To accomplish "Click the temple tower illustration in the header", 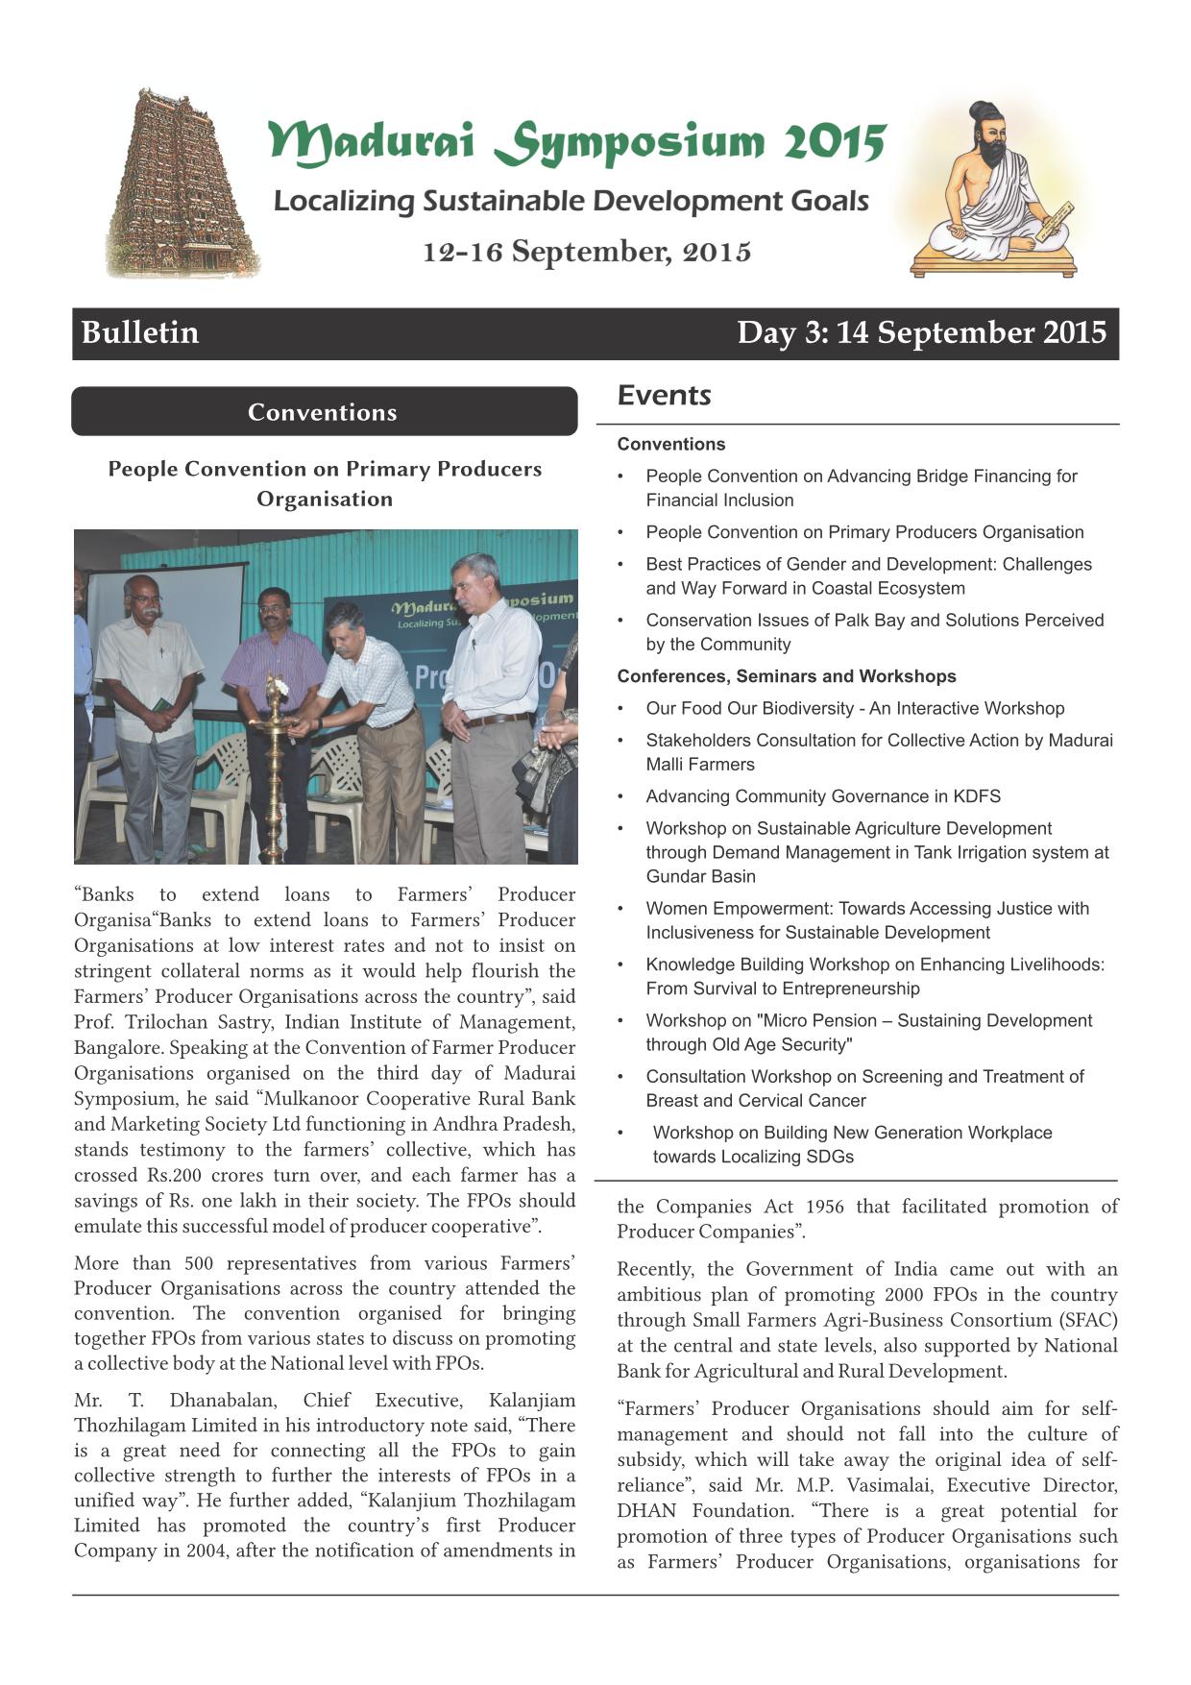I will [180, 184].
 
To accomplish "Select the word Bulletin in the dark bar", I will [140, 332].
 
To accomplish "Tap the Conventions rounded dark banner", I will [324, 412].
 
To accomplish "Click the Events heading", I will [664, 395].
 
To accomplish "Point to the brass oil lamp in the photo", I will [274, 759].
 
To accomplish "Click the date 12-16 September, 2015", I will [587, 252].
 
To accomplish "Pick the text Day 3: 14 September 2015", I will [921, 332].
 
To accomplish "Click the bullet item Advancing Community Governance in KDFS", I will [822, 796].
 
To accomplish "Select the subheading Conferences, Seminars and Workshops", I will [786, 676].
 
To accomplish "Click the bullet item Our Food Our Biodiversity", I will [854, 708].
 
